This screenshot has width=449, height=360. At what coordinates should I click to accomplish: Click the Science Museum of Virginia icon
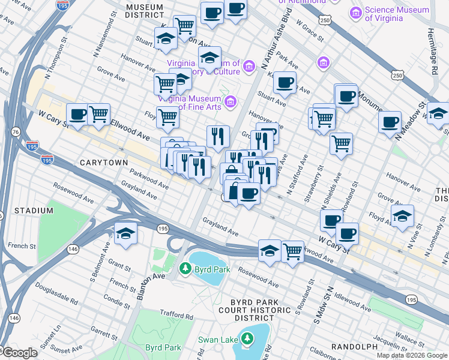(357, 13)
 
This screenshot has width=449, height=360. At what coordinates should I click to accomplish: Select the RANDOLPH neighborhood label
(353, 347)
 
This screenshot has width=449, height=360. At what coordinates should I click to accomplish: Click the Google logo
(19, 353)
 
